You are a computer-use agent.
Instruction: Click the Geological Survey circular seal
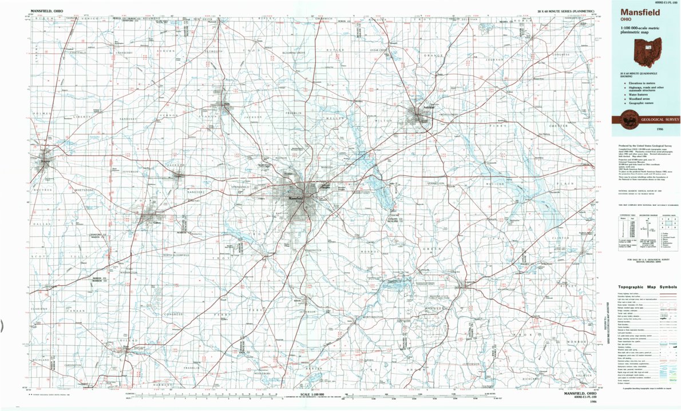click(620, 119)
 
